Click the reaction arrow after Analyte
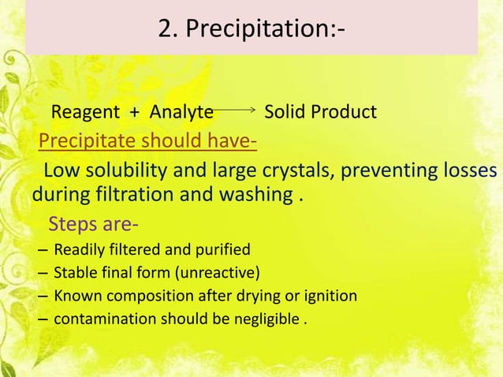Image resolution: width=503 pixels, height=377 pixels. click(236, 112)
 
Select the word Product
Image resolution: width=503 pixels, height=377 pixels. click(343, 113)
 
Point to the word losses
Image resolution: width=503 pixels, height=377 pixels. click(468, 172)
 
